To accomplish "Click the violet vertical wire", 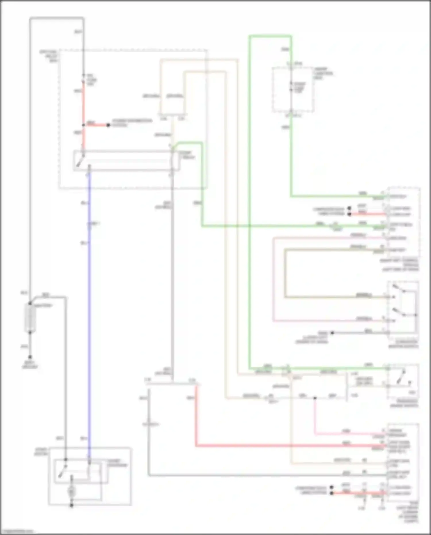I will point(89,316).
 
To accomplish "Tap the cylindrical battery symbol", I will point(30,318).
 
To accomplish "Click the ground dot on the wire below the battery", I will point(30,356).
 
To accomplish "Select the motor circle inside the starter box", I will point(71,492).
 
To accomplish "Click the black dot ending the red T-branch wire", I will point(108,125).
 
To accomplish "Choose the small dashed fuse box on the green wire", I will point(293,90).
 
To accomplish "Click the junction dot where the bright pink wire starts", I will point(315,398).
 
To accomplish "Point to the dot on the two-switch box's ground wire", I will point(332,333).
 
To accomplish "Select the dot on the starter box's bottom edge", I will point(72,505).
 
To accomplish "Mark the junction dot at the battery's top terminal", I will point(30,304).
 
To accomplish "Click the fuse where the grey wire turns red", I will point(84,78).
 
